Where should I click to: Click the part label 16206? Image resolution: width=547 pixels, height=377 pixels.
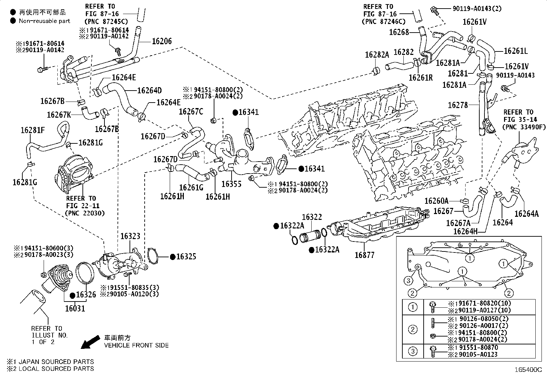(161, 41)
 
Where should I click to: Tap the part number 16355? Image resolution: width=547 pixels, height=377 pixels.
(231, 184)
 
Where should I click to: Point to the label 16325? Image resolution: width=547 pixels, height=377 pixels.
(186, 257)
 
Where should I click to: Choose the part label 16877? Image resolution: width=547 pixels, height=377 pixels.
(364, 255)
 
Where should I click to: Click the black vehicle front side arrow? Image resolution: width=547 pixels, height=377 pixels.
(90, 342)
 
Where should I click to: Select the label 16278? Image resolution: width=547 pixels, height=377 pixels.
(458, 105)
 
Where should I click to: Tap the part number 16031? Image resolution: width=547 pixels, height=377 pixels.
(75, 308)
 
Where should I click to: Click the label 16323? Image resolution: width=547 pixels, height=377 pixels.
(131, 236)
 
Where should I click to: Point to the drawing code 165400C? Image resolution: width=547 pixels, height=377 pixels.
(528, 370)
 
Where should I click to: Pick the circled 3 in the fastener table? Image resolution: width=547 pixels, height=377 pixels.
(413, 351)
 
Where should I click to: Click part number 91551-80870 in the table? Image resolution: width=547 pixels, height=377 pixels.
(478, 347)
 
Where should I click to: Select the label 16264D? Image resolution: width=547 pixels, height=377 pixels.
(149, 91)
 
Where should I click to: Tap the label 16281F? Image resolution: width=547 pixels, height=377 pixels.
(33, 130)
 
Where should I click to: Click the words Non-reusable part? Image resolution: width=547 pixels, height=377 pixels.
(44, 21)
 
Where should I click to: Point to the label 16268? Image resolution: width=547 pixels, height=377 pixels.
(399, 32)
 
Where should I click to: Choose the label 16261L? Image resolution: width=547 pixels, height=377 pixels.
(516, 51)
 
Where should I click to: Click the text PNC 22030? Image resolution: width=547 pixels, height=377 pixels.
(85, 213)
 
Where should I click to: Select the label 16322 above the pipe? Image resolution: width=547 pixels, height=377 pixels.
(312, 217)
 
